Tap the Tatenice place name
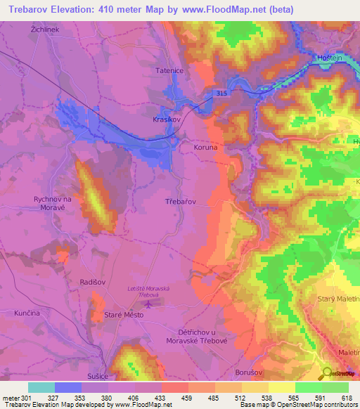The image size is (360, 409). pos(169,71)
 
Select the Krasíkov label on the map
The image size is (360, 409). pos(167,119)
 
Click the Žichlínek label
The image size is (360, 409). pos(44,30)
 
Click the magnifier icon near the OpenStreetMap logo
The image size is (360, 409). pos(327,373)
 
